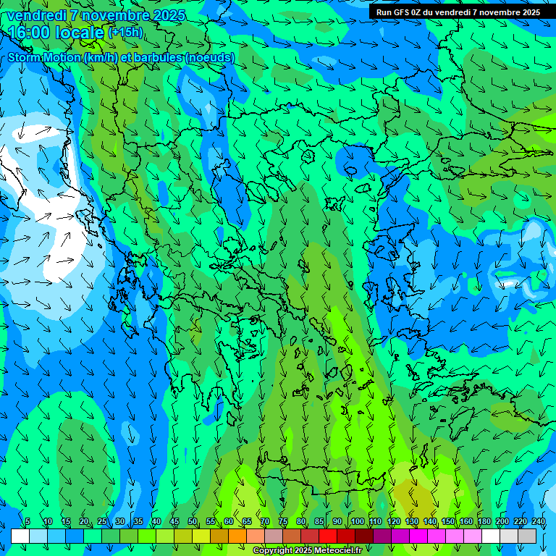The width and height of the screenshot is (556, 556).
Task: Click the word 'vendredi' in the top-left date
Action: [35, 15]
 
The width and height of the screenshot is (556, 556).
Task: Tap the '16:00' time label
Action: [30, 33]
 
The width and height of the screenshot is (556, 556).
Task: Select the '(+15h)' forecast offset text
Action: [125, 32]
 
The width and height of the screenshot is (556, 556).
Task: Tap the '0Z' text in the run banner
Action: [422, 12]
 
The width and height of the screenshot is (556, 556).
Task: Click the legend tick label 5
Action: [28, 521]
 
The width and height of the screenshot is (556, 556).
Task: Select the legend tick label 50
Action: [193, 521]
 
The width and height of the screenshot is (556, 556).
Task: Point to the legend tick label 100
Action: [357, 521]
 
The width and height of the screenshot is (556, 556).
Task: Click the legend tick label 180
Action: [484, 521]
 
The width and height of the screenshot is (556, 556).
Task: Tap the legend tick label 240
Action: [538, 521]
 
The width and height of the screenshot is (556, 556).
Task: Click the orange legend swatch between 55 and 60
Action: [219, 536]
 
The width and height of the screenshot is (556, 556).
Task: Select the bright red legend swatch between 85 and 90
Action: [328, 536]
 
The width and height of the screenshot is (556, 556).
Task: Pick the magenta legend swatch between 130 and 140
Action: [418, 536]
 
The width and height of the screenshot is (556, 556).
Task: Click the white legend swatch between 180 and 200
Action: [491, 536]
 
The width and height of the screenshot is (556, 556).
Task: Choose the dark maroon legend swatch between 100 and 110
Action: [364, 536]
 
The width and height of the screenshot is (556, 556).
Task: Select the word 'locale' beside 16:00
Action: [80, 33]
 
